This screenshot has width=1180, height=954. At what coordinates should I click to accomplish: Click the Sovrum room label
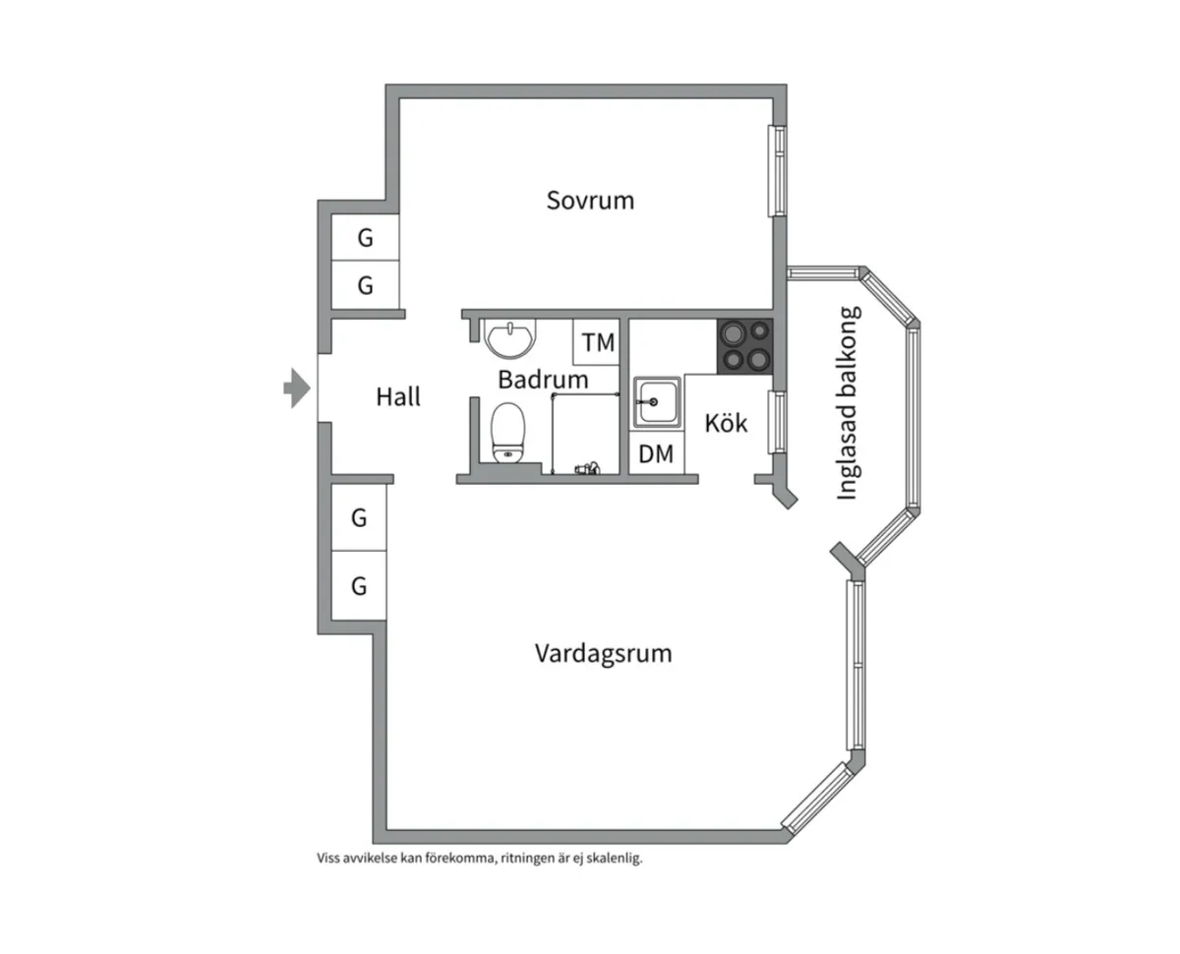pyautogui.click(x=590, y=201)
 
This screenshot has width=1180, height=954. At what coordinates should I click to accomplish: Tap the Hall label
pyautogui.click(x=398, y=396)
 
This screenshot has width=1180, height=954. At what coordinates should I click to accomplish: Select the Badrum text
pyautogui.click(x=543, y=379)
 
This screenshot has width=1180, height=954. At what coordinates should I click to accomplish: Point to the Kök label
pyautogui.click(x=727, y=423)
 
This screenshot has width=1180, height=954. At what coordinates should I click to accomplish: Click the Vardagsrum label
pyautogui.click(x=603, y=653)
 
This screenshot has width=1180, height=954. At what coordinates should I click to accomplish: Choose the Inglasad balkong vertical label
pyautogui.click(x=848, y=403)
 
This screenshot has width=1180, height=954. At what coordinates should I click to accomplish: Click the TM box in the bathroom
pyautogui.click(x=598, y=343)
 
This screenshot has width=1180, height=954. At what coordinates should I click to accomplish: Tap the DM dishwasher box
pyautogui.click(x=656, y=453)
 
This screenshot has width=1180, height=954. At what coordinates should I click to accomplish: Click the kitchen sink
pyautogui.click(x=655, y=402)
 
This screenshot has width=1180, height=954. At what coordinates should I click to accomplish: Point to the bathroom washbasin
pyautogui.click(x=511, y=338)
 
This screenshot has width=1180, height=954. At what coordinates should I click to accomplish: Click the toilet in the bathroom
pyautogui.click(x=508, y=432)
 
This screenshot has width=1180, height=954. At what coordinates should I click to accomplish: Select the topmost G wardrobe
pyautogui.click(x=365, y=238)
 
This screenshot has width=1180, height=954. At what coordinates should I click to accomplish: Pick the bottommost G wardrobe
pyautogui.click(x=359, y=586)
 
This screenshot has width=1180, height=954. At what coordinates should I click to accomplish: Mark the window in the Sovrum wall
pyautogui.click(x=779, y=170)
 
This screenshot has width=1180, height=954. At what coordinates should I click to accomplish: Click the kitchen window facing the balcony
pyautogui.click(x=776, y=422)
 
